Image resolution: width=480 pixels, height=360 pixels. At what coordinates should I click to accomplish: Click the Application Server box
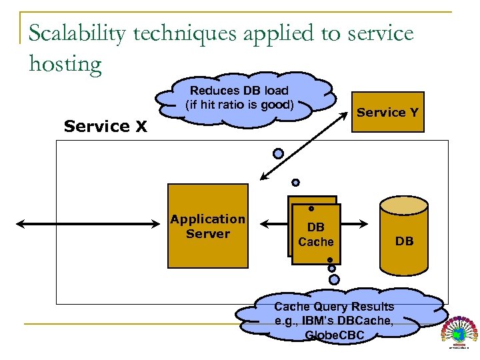tap(207, 227)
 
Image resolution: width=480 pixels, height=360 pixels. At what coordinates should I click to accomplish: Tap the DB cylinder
tap(404, 237)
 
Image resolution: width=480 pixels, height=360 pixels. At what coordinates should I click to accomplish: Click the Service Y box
tap(387, 112)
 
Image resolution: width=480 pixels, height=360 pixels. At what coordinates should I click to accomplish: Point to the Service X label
tap(105, 126)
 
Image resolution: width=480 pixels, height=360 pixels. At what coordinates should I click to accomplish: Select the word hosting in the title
tap(65, 64)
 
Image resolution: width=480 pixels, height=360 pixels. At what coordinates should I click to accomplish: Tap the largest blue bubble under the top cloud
tap(278, 153)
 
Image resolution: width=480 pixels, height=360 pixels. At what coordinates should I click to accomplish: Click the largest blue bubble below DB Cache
tap(334, 279)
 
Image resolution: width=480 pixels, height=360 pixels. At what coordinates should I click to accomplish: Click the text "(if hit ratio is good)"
tap(239, 105)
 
